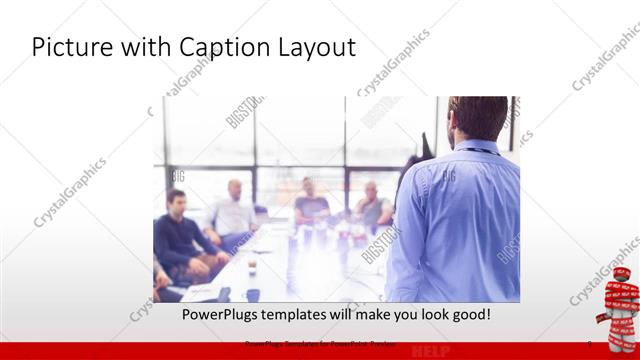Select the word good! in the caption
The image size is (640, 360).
(466, 314)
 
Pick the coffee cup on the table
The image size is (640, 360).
(251, 266)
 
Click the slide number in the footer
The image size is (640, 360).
(589, 344)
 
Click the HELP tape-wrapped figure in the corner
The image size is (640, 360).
(615, 300)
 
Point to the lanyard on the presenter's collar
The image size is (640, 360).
(478, 151)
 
